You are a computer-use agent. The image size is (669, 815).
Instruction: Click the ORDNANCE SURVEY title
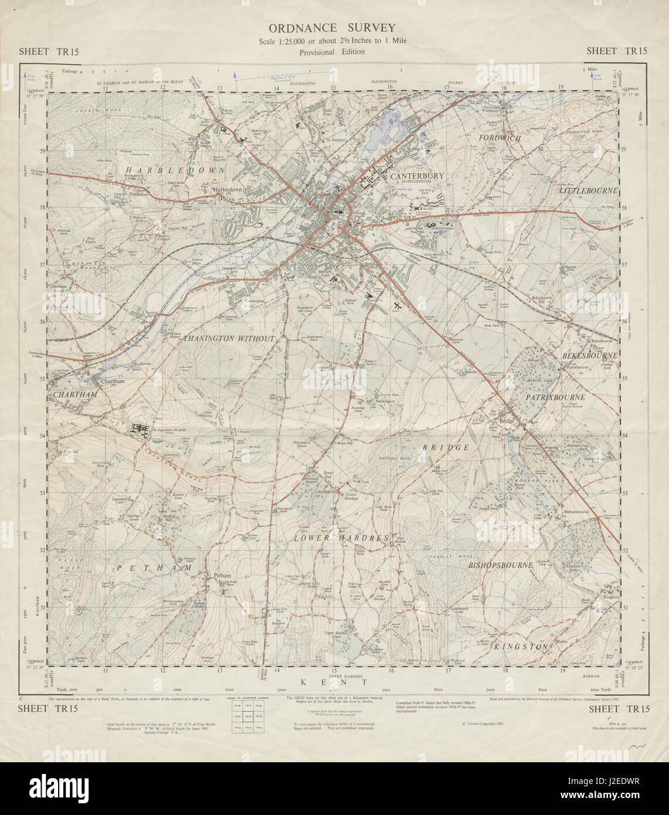(x=332, y=28)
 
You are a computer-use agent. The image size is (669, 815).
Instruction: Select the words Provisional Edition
(x=332, y=52)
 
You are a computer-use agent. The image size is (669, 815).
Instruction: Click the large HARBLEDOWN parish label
(x=154, y=169)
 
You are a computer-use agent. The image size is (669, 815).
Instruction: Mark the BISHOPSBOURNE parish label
(x=501, y=565)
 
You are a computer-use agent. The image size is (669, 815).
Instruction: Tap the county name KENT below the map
(x=333, y=682)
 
